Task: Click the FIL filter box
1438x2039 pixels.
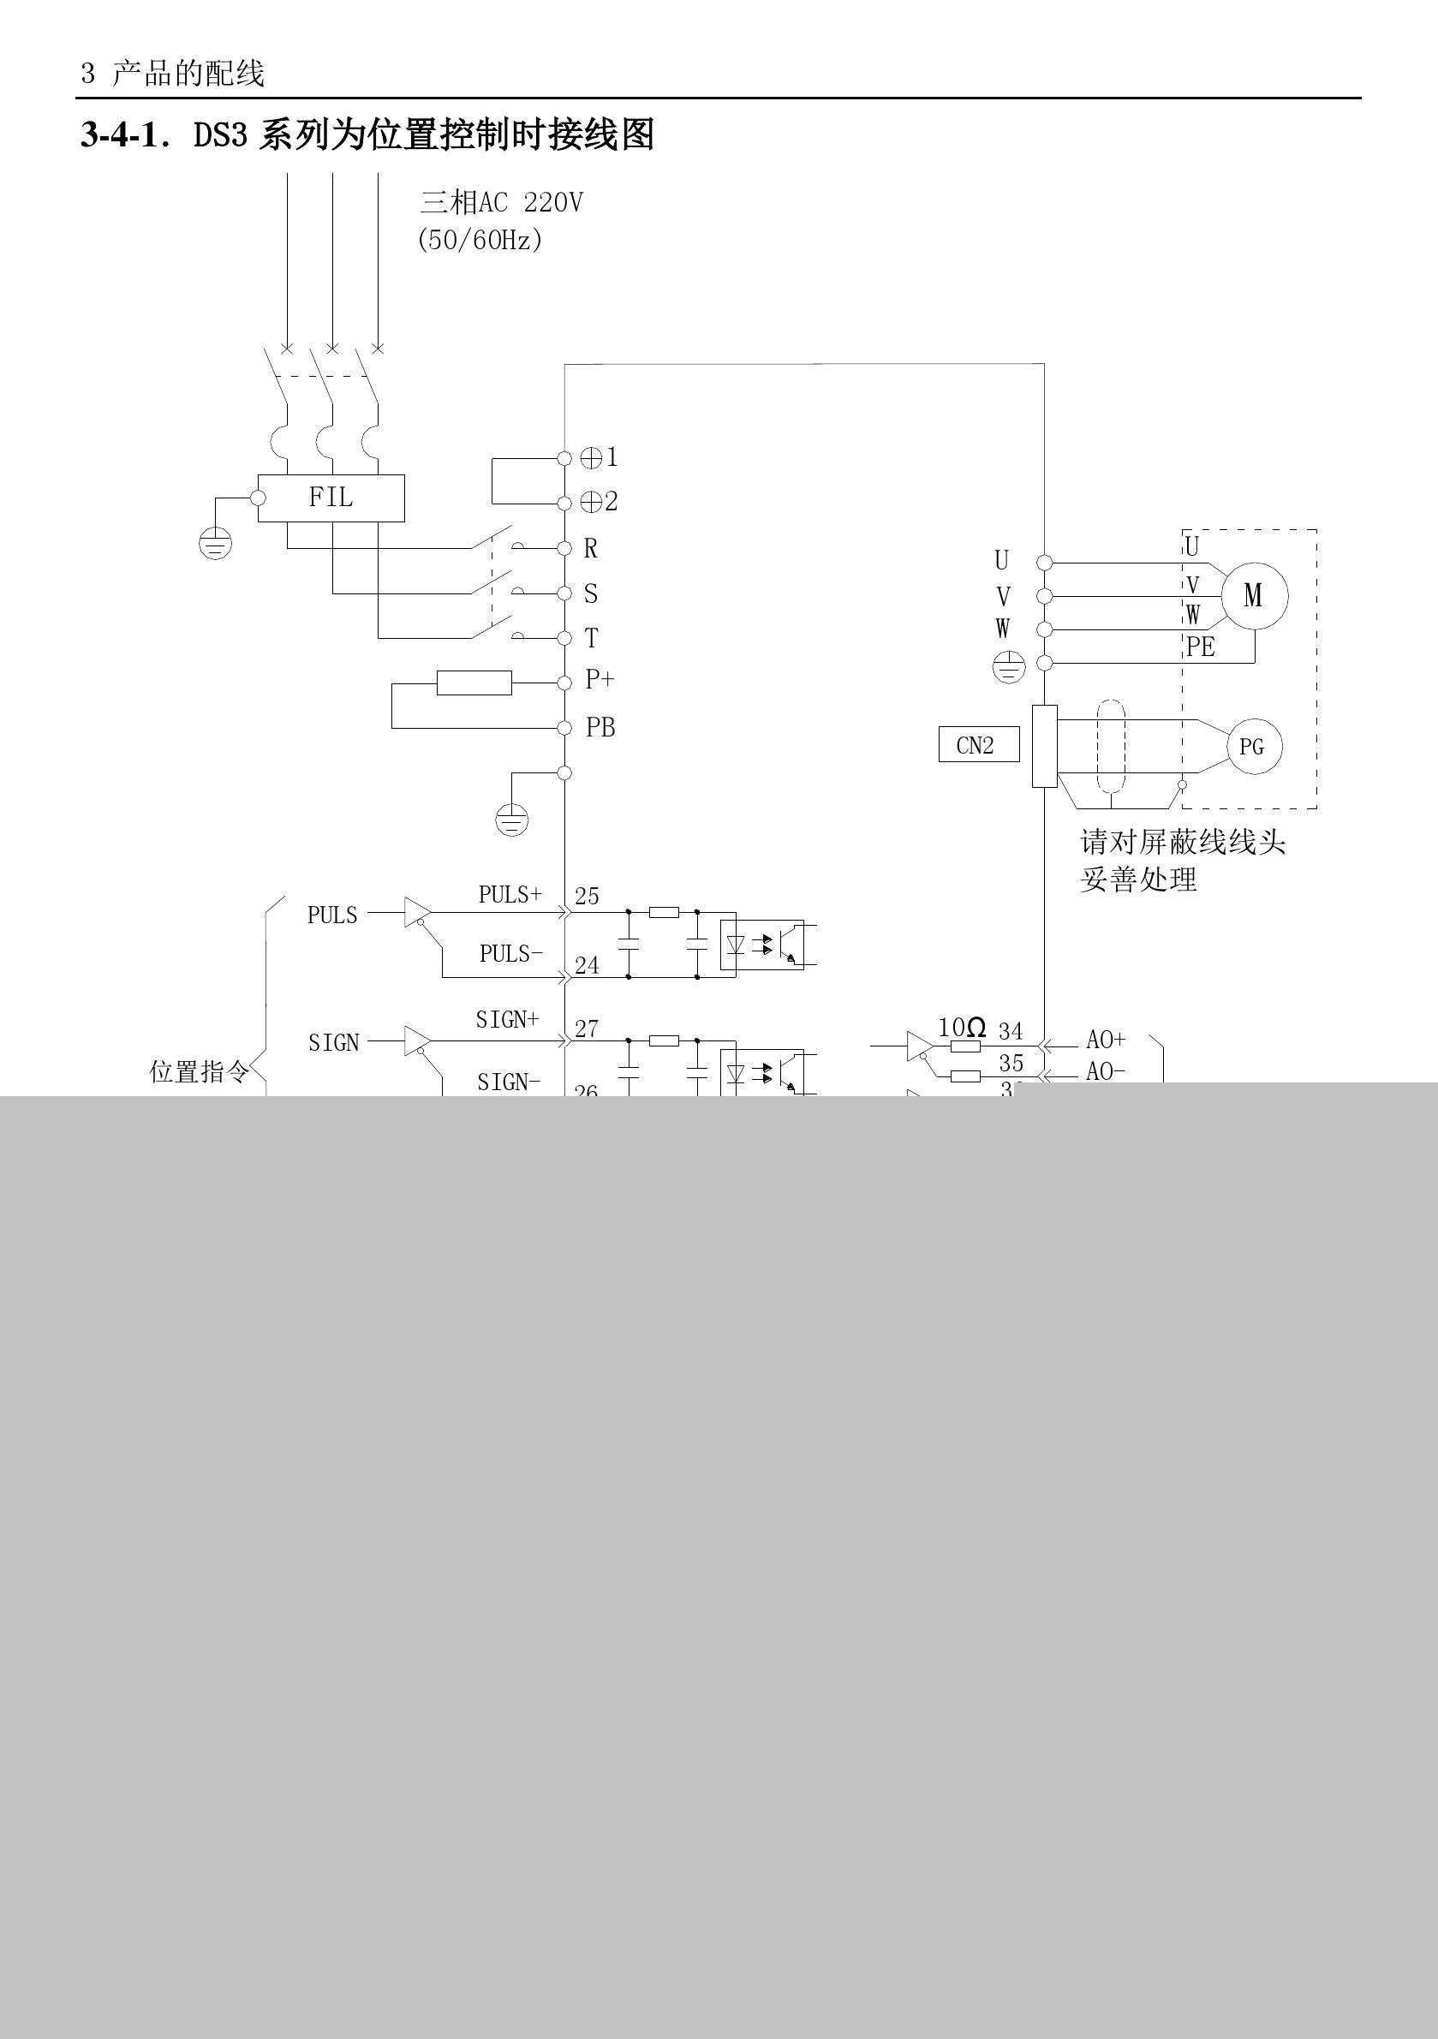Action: pyautogui.click(x=331, y=498)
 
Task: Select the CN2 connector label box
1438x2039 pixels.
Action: pyautogui.click(x=978, y=744)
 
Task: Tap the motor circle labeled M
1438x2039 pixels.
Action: pyautogui.click(x=1253, y=595)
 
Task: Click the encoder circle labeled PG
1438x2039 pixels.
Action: pyautogui.click(x=1251, y=746)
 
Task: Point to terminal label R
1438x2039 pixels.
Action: pyautogui.click(x=591, y=549)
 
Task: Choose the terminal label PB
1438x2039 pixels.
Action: pyautogui.click(x=600, y=727)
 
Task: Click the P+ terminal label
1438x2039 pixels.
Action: pyautogui.click(x=600, y=679)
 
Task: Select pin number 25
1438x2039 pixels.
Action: pyautogui.click(x=586, y=896)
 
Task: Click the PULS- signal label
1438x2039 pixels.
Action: pyautogui.click(x=510, y=954)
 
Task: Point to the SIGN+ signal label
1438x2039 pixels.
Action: pyautogui.click(x=507, y=1019)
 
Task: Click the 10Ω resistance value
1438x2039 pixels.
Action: pyautogui.click(x=961, y=1028)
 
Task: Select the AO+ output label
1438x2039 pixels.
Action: pyautogui.click(x=1106, y=1039)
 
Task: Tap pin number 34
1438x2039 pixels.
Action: pyautogui.click(x=1011, y=1031)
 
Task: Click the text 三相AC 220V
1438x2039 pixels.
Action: pyautogui.click(x=501, y=203)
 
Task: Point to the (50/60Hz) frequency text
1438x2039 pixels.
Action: pyautogui.click(x=480, y=240)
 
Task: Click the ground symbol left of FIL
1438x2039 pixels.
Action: pyautogui.click(x=216, y=542)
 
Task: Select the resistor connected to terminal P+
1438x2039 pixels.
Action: pyautogui.click(x=474, y=682)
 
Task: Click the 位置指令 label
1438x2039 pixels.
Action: pyautogui.click(x=199, y=1072)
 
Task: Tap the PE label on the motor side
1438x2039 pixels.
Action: pyautogui.click(x=1200, y=647)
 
